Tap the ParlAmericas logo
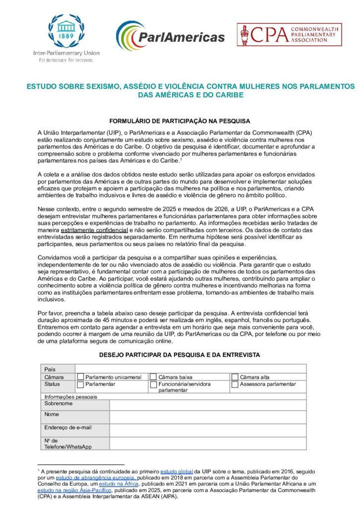(x=170, y=36)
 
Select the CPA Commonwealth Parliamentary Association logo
(x=289, y=34)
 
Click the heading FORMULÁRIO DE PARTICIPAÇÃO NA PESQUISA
(x=180, y=121)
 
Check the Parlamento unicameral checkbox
(x=80, y=377)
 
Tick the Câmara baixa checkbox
(x=153, y=377)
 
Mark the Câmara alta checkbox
(x=235, y=377)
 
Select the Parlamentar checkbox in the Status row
(x=80, y=384)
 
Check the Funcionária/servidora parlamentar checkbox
(x=153, y=384)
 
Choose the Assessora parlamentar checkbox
(x=235, y=384)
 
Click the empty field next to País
(x=190, y=369)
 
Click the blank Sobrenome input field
(x=208, y=404)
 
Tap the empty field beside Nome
(x=208, y=417)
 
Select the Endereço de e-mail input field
(x=208, y=430)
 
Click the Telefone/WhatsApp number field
(x=208, y=443)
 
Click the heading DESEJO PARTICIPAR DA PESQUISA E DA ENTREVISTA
(x=180, y=355)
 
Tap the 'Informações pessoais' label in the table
(x=71, y=397)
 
